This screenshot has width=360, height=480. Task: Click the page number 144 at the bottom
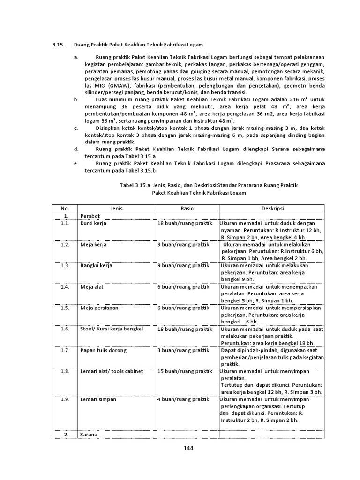coord(188,448)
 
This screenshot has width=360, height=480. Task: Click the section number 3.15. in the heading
coord(58,45)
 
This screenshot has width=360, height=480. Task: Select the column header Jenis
coord(116,208)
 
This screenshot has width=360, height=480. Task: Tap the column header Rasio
coord(187,208)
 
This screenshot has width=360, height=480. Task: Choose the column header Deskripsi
coord(271,208)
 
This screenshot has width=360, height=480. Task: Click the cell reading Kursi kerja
coord(93,223)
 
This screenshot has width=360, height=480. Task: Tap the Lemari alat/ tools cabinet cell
coord(112,371)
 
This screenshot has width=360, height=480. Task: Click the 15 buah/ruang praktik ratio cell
coord(186,371)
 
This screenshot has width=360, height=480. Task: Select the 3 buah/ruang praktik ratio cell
coord(185,350)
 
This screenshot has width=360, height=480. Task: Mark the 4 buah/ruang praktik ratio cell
coord(185,399)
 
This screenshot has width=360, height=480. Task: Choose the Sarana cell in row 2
coord(89,435)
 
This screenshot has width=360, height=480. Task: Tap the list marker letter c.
coord(75,127)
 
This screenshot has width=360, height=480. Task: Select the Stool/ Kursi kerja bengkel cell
coord(112,329)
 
